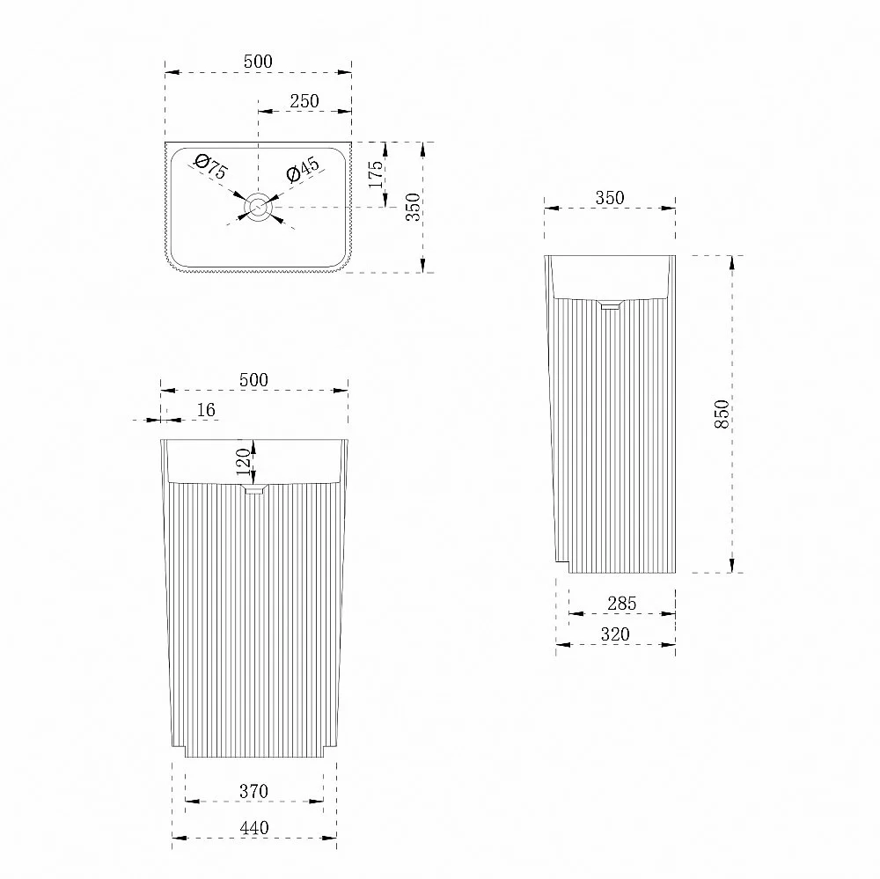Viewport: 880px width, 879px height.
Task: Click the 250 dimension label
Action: [304, 101]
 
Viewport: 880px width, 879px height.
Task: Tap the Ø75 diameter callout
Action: [211, 166]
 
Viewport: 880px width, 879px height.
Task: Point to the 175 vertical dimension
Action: [376, 174]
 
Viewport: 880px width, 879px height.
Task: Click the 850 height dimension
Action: [722, 414]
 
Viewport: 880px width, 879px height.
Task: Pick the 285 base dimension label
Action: [622, 604]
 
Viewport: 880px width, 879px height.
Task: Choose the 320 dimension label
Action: [615, 634]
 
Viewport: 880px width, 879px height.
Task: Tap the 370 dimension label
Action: [253, 791]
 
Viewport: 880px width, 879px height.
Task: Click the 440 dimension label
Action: [253, 828]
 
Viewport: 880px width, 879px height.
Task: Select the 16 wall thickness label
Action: [206, 410]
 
